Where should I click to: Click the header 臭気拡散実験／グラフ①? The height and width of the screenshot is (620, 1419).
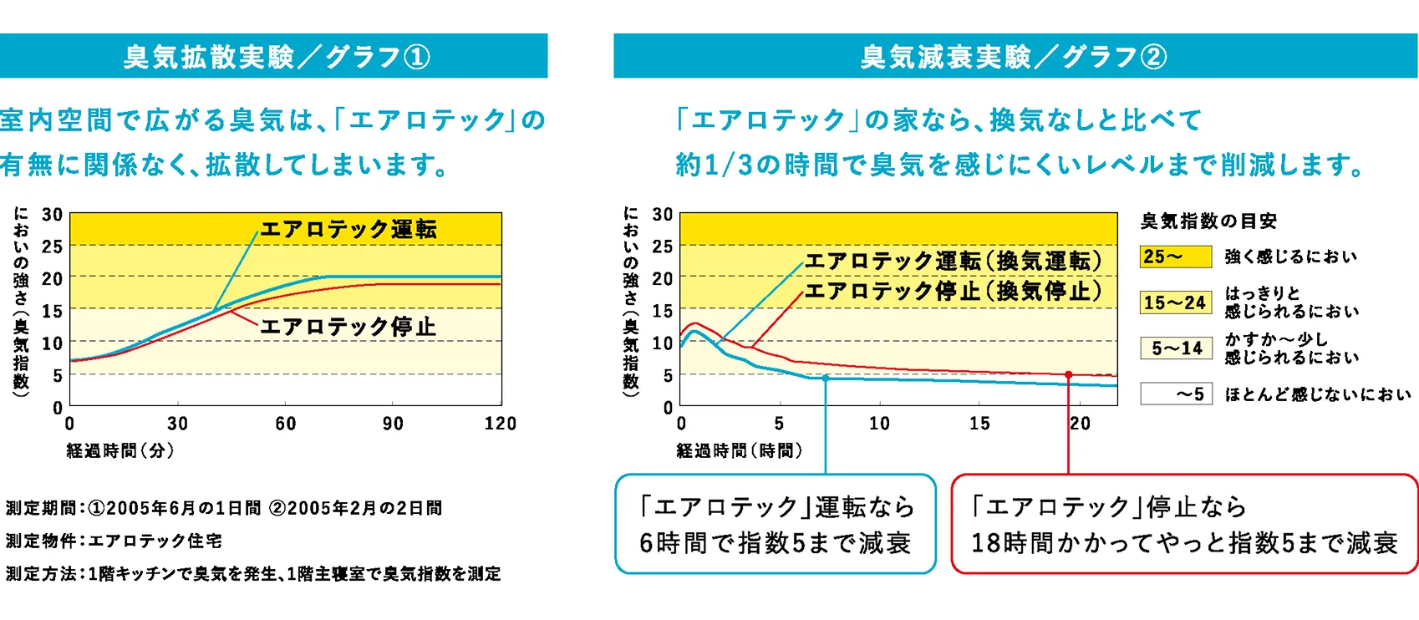[276, 57]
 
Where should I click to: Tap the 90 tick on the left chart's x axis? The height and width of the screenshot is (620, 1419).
[393, 424]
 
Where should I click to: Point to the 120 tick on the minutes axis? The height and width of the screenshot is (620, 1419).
[500, 424]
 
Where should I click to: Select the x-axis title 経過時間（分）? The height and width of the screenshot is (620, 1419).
[120, 451]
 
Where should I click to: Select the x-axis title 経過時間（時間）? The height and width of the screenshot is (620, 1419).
[739, 451]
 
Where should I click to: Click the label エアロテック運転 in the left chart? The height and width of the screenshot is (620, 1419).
[348, 229]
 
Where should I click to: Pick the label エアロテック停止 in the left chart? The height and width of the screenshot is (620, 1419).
[348, 326]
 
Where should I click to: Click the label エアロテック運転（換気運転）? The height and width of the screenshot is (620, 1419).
[953, 261]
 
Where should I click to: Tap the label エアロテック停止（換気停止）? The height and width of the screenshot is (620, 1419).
[953, 291]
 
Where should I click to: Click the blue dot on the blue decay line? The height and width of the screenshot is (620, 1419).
[826, 379]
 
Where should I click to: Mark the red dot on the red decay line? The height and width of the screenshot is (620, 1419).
[1068, 375]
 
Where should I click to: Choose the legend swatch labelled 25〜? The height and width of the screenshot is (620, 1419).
[1176, 257]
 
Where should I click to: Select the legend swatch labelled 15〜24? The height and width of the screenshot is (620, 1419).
[1176, 302]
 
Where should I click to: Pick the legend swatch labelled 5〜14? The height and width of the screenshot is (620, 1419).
[1176, 348]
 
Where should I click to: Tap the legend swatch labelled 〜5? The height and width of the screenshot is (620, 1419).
[1176, 394]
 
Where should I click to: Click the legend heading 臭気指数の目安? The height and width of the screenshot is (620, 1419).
[1208, 221]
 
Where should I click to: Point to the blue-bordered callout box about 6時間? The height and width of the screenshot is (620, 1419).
[776, 525]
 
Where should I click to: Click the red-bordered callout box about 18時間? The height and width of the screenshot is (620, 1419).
[1184, 525]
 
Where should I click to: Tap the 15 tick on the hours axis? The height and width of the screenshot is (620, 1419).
[979, 424]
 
